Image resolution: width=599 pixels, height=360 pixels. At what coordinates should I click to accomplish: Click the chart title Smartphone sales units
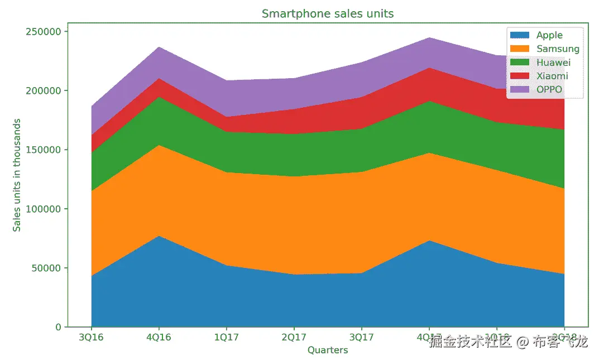click(x=328, y=13)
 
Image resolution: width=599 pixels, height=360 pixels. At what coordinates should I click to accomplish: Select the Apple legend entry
click(x=549, y=35)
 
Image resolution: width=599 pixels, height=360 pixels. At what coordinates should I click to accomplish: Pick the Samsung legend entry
click(x=558, y=49)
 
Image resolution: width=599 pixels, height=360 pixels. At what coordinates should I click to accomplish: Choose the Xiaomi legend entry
click(x=552, y=76)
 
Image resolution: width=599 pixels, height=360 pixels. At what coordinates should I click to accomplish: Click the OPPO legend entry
click(x=549, y=89)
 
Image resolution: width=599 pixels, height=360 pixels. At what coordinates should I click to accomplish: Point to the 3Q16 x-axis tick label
click(x=91, y=338)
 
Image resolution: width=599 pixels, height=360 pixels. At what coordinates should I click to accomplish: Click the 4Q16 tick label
click(x=159, y=338)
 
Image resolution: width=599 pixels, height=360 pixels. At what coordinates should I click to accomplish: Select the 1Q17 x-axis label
click(x=226, y=338)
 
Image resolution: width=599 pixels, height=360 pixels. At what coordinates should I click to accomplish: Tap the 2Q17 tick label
click(x=294, y=338)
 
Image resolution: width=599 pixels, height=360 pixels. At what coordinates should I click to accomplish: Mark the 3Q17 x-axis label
click(x=361, y=338)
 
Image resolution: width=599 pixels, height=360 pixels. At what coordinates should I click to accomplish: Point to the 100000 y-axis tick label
click(x=43, y=209)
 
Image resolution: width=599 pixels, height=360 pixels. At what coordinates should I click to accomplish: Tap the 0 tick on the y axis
click(x=58, y=327)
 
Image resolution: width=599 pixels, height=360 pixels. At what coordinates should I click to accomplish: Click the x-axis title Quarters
click(x=328, y=351)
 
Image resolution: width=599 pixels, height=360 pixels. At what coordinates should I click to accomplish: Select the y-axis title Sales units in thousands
click(x=17, y=175)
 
